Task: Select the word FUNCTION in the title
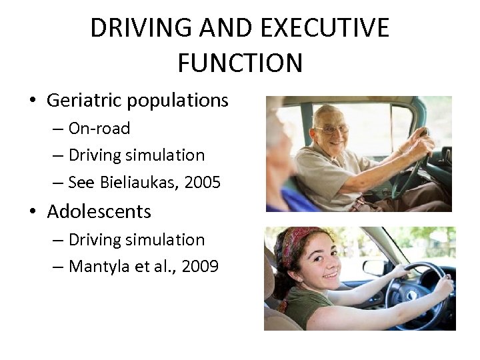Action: [240, 63]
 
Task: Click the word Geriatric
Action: [82, 101]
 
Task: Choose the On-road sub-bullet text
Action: [99, 128]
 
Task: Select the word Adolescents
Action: [99, 212]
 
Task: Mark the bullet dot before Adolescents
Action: [33, 213]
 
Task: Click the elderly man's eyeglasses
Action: [333, 129]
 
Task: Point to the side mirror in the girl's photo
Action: [374, 267]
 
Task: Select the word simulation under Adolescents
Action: [173, 239]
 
